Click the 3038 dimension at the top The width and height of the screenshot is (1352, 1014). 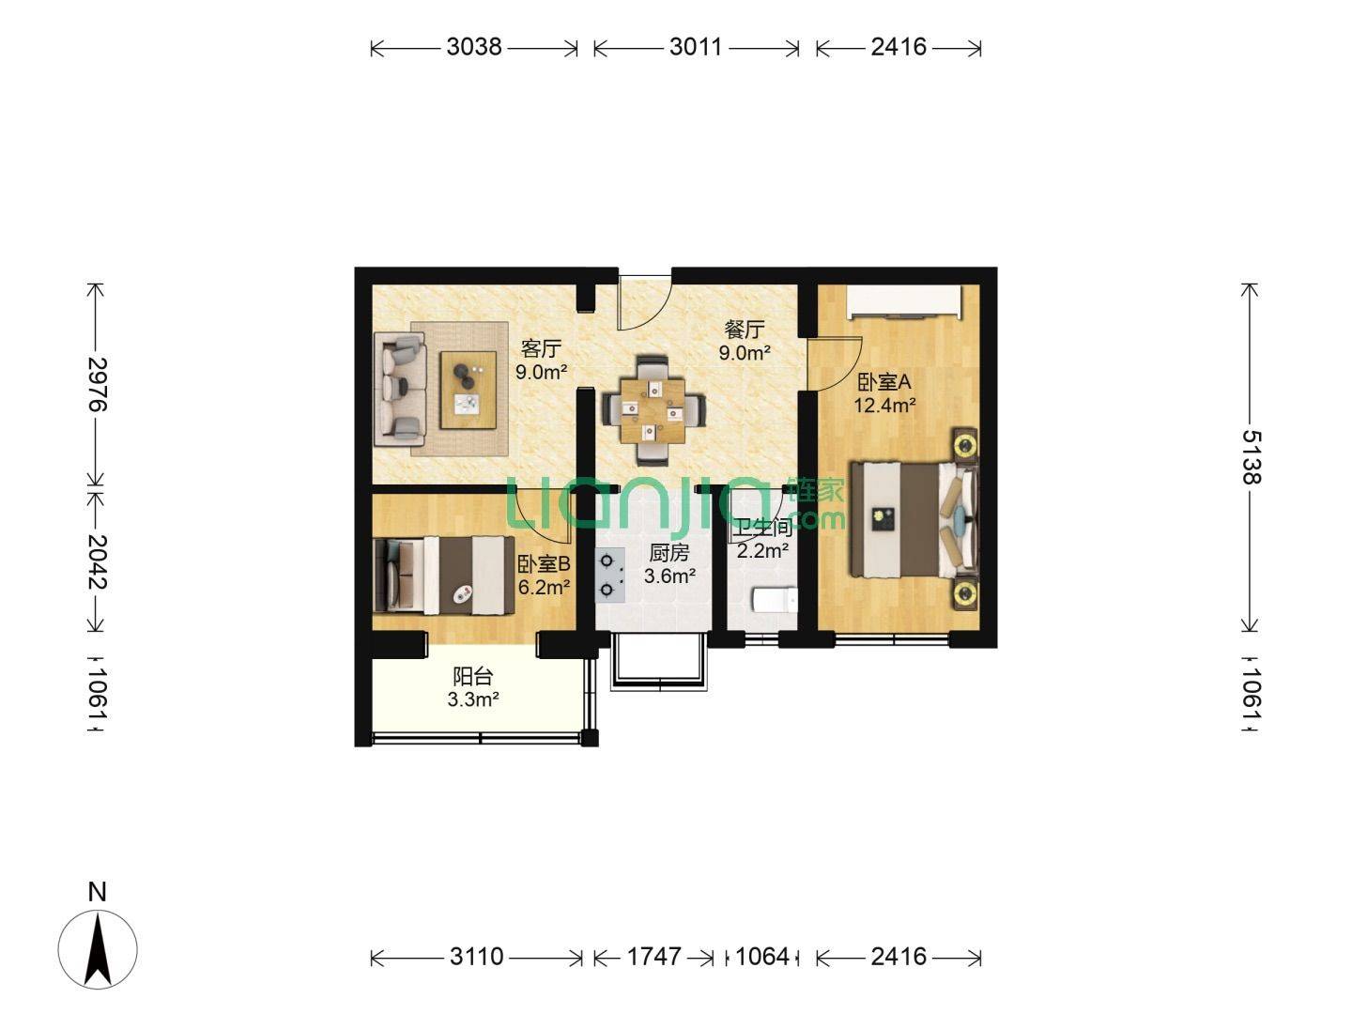[x=473, y=47]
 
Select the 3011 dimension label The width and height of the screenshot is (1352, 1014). [x=696, y=47]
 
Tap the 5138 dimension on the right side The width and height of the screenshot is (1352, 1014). [x=1251, y=457]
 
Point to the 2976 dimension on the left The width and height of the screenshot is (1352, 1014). [x=98, y=384]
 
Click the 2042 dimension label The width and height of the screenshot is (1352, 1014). [x=98, y=561]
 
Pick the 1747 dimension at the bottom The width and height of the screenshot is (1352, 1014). [x=653, y=957]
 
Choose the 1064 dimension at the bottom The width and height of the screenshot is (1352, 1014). [x=762, y=957]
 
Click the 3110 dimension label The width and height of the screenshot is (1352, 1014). [x=477, y=957]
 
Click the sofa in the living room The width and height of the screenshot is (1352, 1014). [x=400, y=390]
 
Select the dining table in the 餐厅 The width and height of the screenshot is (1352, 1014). [x=653, y=410]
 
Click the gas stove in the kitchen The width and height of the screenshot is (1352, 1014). [x=609, y=576]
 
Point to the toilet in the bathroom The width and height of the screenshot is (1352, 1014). [x=776, y=600]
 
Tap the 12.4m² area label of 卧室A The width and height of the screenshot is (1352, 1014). [x=884, y=406]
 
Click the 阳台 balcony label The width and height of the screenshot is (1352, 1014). [x=473, y=677]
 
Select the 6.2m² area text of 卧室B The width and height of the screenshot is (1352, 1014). [x=544, y=588]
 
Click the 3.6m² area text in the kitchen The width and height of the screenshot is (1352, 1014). [x=670, y=576]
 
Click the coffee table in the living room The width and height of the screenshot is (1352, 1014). [x=469, y=390]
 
